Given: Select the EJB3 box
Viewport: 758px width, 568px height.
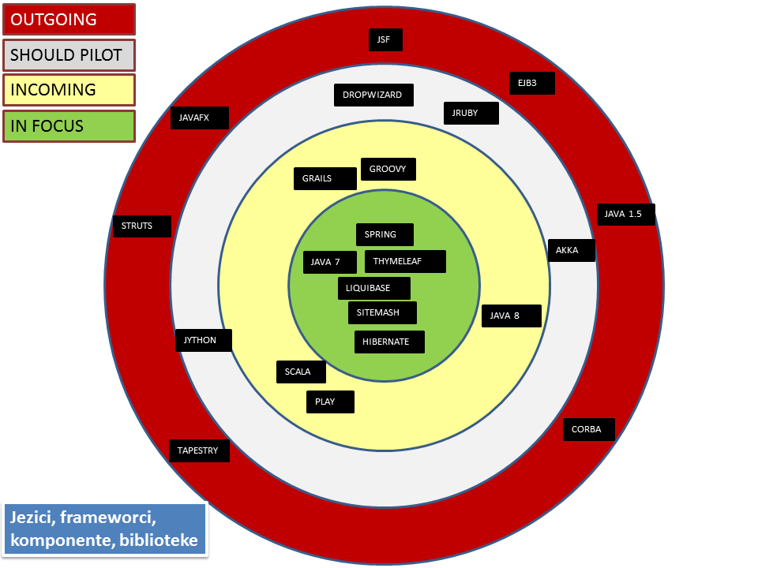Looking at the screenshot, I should point(531,83).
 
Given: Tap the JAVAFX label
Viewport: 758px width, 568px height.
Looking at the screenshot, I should point(200,118).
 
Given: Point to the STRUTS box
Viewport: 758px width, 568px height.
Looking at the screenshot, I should point(143,226).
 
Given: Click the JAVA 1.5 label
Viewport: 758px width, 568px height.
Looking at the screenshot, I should point(625,214).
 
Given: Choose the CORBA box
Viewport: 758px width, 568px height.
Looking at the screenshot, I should point(588,430).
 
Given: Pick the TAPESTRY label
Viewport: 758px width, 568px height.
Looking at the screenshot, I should point(199,450).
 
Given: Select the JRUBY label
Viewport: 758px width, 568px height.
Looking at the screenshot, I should point(471,114).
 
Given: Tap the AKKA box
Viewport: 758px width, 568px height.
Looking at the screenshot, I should point(571,251).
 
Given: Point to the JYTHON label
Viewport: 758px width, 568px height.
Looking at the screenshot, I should point(204,341).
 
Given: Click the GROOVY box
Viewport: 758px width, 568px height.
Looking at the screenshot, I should point(388,169).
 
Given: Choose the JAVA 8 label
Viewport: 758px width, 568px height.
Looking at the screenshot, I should point(512,316).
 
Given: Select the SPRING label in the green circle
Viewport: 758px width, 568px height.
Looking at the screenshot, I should point(386,234).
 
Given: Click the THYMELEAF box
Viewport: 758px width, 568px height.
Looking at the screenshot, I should point(405,261).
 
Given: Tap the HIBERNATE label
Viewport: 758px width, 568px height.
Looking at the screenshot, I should point(389,342).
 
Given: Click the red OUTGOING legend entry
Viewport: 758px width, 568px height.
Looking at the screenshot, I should point(69,20).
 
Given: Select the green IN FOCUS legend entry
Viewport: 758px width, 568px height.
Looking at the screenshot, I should point(69,125).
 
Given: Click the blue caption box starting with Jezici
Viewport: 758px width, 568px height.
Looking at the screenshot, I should point(104,529).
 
